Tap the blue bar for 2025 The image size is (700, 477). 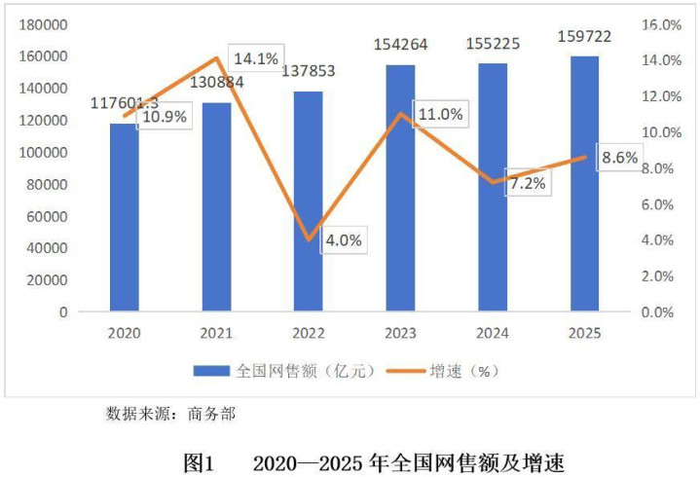[x=585, y=184]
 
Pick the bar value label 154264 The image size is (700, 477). [x=400, y=44]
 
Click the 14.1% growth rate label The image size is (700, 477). [x=256, y=57]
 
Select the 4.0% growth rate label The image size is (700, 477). [x=343, y=239]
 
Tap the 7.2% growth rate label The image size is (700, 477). [x=526, y=183]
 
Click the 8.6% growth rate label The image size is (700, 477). [x=619, y=158]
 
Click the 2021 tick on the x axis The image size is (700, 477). [x=216, y=333]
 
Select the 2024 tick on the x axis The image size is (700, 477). [x=493, y=333]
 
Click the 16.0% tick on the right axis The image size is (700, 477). [x=659, y=24]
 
